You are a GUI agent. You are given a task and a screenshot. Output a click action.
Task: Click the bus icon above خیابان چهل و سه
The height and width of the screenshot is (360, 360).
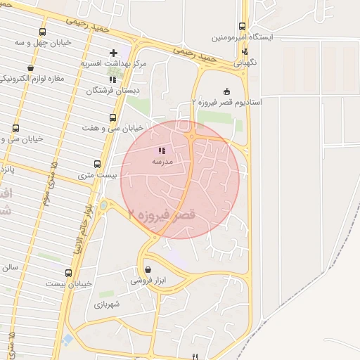(43, 32)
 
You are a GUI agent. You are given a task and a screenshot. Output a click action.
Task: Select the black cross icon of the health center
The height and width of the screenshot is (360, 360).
(113, 53)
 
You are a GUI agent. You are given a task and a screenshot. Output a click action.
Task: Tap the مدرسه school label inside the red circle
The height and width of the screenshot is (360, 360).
(162, 161)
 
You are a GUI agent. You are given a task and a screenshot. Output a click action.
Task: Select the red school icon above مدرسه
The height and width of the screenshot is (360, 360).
(162, 150)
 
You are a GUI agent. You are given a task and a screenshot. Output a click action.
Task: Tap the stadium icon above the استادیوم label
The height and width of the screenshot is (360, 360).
(226, 91)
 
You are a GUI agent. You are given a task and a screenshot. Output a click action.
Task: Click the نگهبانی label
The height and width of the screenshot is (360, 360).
(245, 62)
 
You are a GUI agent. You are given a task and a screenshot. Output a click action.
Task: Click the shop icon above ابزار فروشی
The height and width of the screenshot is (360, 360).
(147, 269)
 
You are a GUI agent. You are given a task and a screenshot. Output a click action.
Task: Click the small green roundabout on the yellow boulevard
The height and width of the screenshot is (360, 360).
(104, 205)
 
